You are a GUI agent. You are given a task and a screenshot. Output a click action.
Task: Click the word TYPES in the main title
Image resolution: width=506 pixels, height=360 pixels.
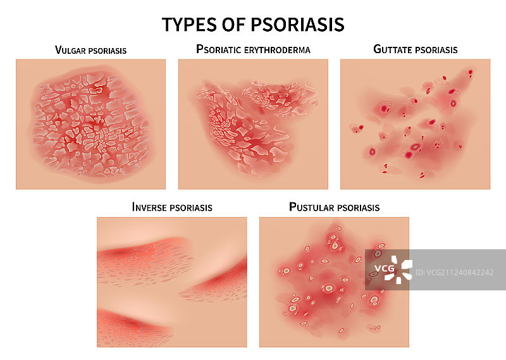coord(189,25)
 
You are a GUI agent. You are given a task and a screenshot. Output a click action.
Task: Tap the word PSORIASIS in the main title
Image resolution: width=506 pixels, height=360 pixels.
coord(297,25)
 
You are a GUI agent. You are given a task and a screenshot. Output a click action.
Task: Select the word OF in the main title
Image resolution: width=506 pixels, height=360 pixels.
coord(233,25)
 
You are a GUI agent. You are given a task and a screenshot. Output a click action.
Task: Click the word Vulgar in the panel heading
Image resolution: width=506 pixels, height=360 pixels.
coord(70,50)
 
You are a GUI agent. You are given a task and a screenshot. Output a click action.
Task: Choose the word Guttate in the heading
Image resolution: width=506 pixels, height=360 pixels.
coord(393,49)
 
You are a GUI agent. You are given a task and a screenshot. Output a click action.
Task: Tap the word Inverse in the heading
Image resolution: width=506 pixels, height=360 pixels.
coord(149,207)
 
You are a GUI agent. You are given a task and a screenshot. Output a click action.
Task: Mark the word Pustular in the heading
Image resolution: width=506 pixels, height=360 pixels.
coord(311,207)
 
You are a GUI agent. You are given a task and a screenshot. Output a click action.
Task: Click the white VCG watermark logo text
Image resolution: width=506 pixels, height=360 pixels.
coord(385,268)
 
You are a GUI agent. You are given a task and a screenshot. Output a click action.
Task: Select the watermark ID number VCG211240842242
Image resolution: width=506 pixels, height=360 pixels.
coord(454,273)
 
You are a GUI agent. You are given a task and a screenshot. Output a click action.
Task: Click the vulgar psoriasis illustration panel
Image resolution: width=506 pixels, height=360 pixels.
coord(90,124)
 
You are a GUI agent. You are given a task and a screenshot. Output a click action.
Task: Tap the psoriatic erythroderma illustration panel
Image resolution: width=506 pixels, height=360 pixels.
coord(253,124)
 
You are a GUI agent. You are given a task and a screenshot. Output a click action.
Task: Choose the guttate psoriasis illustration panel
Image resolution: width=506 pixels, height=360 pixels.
coord(416,124)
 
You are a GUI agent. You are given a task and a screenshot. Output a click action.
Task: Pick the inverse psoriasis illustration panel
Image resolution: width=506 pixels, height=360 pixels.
coord(172,282)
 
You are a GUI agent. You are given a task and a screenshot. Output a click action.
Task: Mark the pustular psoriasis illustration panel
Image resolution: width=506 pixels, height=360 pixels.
coord(335,282)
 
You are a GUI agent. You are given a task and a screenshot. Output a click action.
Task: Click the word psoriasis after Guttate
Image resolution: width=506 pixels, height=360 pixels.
coord(436,50)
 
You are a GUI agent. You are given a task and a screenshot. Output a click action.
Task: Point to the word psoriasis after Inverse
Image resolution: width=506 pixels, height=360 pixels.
coord(191,208)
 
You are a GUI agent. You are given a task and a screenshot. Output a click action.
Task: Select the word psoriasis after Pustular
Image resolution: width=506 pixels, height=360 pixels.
coord(357,208)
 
